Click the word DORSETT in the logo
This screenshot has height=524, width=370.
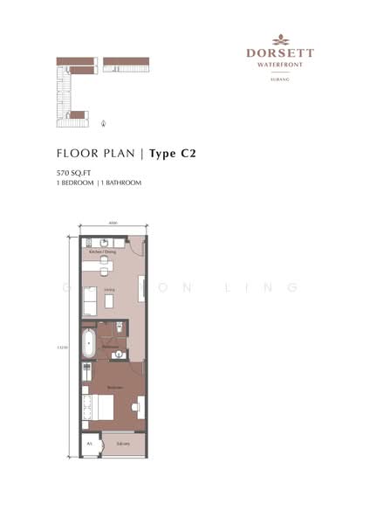click(280, 53)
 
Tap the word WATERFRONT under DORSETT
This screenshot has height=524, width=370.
click(280, 64)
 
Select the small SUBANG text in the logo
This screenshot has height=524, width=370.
click(280, 79)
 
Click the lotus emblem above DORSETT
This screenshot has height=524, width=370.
click(280, 39)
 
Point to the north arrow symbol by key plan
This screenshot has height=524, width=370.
click(106, 124)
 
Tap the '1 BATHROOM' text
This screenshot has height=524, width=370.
click(122, 183)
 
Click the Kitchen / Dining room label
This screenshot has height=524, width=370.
click(98, 252)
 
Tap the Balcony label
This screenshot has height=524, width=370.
click(122, 444)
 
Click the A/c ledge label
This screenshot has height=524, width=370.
click(89, 444)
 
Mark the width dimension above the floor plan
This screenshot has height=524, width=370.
click(113, 224)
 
